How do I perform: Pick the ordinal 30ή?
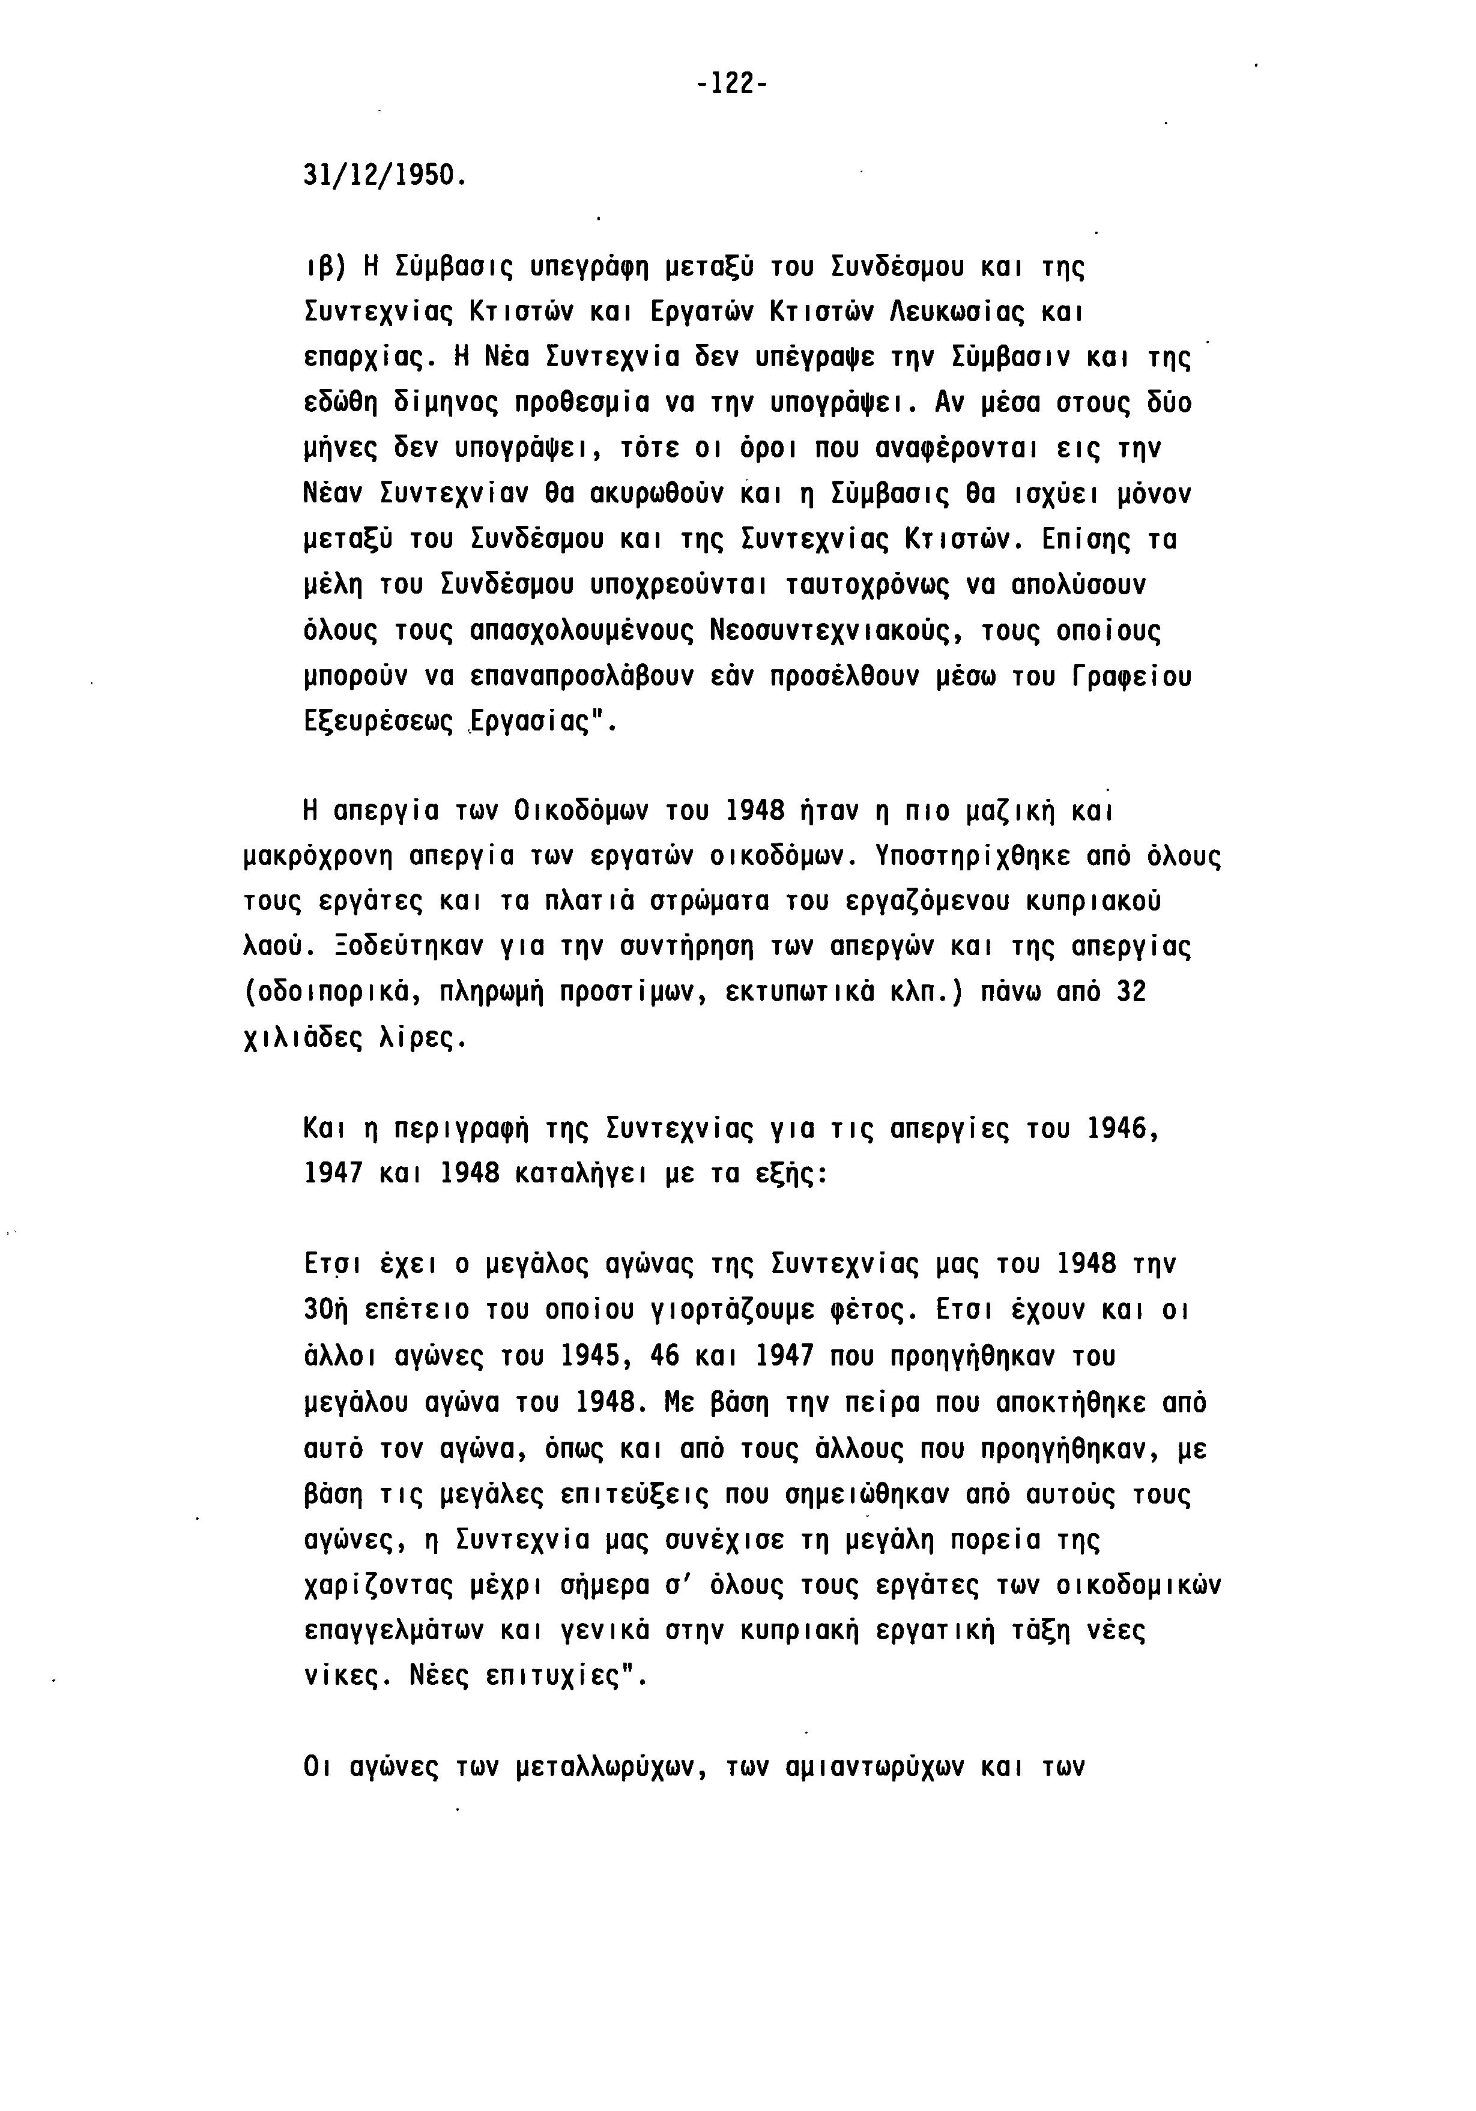(324, 1310)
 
